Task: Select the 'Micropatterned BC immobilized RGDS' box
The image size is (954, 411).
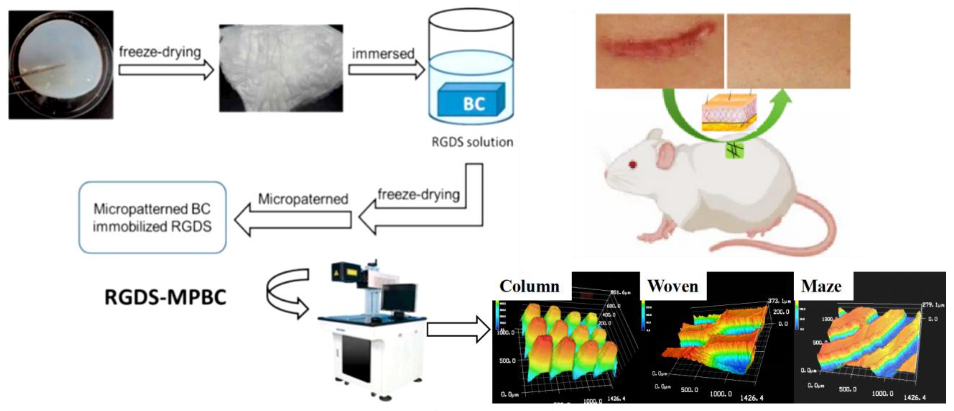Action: (x=152, y=217)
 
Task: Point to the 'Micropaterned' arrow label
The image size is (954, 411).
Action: (x=303, y=199)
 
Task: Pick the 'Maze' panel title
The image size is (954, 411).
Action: (x=821, y=286)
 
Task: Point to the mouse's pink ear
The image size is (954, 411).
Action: (x=666, y=156)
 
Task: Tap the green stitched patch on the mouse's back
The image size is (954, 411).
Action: (x=734, y=151)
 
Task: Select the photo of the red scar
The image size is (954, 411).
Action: (x=659, y=51)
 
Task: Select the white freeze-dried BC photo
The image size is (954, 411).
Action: (x=281, y=68)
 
